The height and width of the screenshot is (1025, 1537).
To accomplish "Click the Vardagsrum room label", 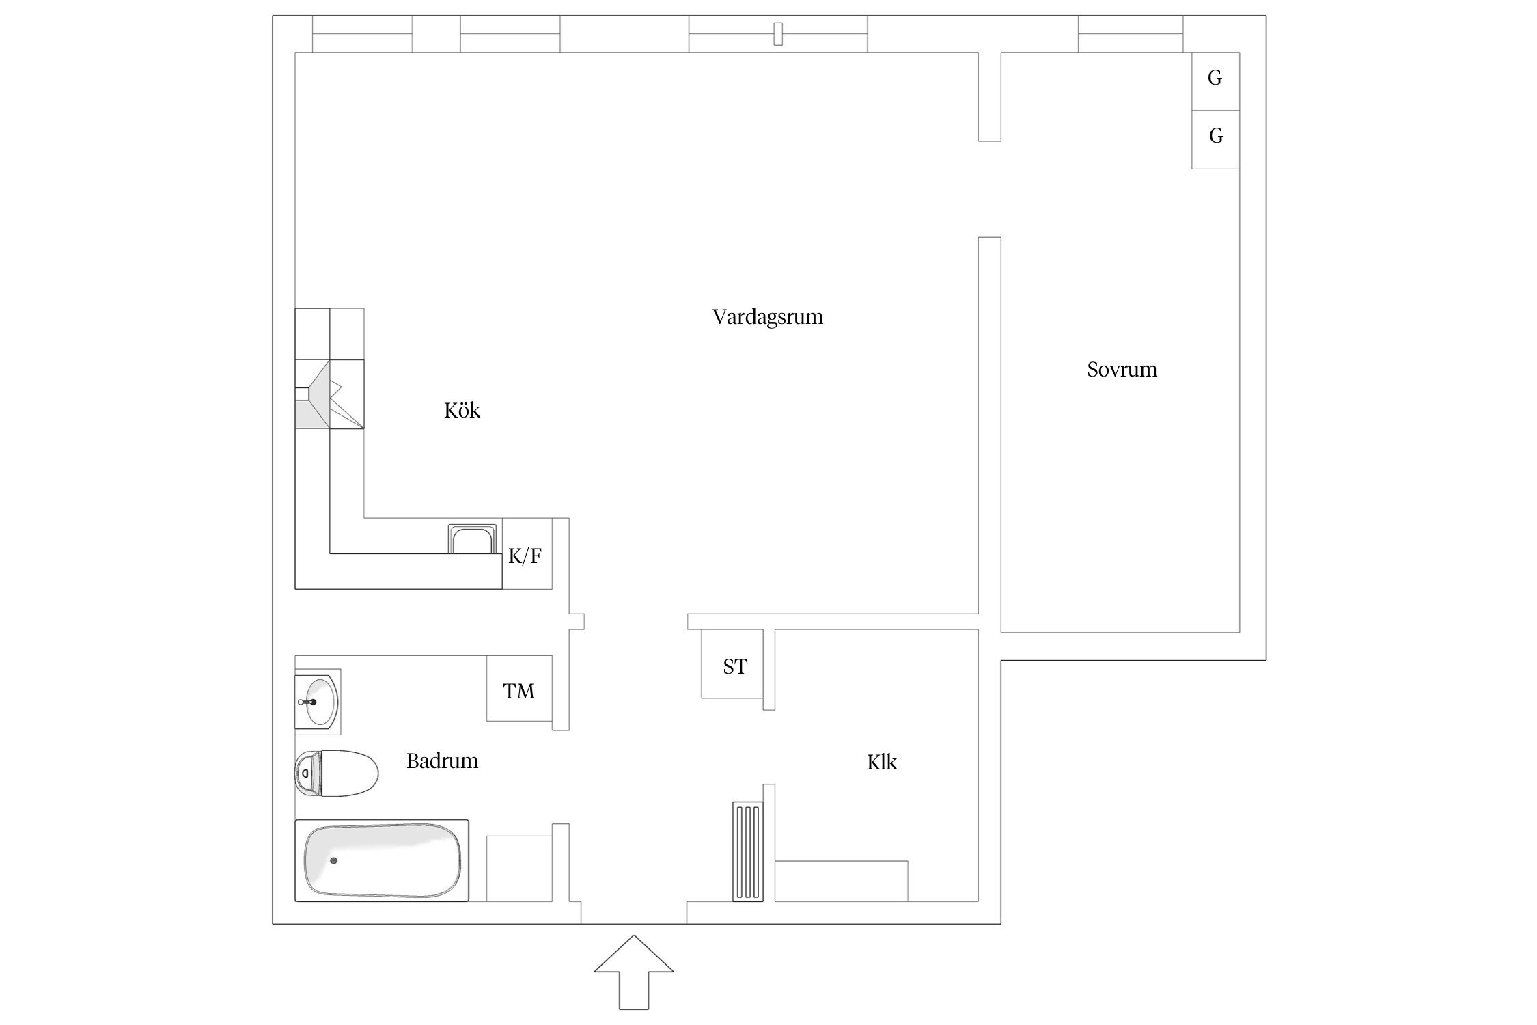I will pos(767,317).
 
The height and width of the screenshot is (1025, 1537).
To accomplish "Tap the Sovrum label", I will pos(1122,370).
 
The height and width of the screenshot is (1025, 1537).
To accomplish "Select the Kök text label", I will pos(462,411).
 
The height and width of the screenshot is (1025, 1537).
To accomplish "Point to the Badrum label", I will pos(442,761).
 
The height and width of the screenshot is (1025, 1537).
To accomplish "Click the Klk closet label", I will pos(881,763).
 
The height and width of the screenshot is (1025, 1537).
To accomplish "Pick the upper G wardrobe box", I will pos(1215,81).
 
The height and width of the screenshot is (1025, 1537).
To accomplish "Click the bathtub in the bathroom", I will pos(382,860).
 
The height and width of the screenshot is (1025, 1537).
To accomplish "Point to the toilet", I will pos(337,773).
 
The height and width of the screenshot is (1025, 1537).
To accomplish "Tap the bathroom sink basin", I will pos(318,702).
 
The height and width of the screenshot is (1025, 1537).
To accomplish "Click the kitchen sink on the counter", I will pos(471,539).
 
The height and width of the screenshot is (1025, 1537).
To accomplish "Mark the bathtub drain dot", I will pos(333,860).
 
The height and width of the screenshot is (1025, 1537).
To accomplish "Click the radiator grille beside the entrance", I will pos(747,851).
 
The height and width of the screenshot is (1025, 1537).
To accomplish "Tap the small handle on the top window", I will pos(777,33).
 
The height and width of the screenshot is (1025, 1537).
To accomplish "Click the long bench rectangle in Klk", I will pos(841,881).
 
